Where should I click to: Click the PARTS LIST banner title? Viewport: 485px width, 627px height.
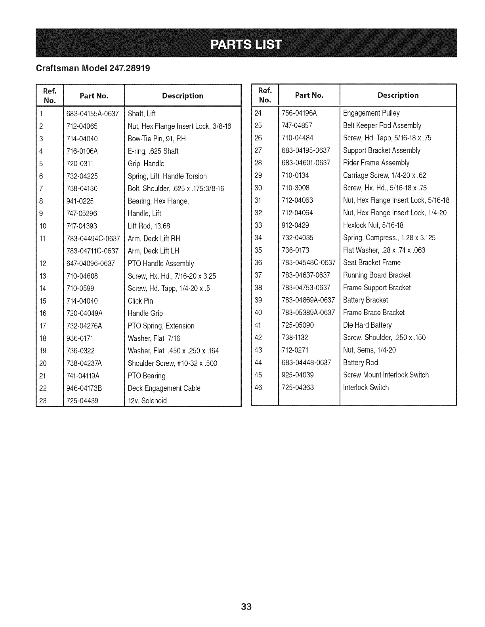(x=246, y=44)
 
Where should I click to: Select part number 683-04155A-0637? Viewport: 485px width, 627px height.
(x=93, y=114)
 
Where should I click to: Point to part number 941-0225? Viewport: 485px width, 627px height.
(x=80, y=201)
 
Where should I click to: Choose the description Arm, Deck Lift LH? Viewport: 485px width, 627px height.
(x=153, y=251)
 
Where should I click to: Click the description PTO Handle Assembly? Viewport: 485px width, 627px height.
(x=161, y=264)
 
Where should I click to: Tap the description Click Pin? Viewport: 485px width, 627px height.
(x=140, y=301)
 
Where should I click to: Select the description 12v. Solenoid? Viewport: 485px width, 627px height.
(x=147, y=401)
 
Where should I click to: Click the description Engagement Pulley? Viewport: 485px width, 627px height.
(x=371, y=113)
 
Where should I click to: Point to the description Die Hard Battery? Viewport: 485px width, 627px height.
(x=367, y=325)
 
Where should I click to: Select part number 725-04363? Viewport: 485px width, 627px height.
(x=298, y=388)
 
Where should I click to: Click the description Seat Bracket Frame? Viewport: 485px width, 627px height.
(x=372, y=263)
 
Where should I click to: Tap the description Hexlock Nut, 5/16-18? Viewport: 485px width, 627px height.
(x=373, y=225)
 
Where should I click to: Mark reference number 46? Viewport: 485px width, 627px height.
(x=258, y=388)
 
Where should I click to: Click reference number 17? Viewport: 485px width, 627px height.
(x=43, y=326)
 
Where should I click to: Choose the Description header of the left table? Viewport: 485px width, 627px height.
(x=183, y=96)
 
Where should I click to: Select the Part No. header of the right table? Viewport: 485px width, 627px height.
(x=309, y=95)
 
